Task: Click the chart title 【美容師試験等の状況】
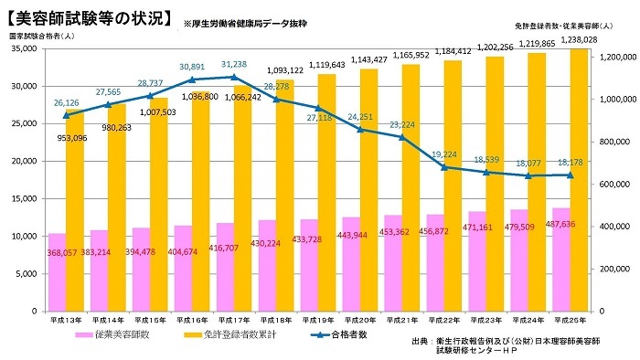tap(87, 16)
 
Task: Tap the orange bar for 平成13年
tap(74, 210)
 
